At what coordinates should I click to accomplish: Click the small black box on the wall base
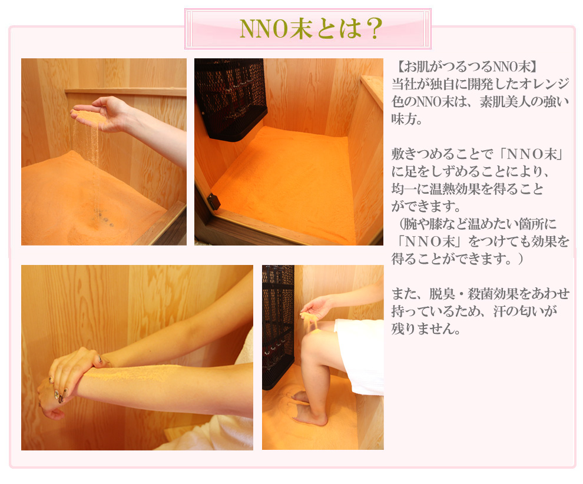click(213, 202)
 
